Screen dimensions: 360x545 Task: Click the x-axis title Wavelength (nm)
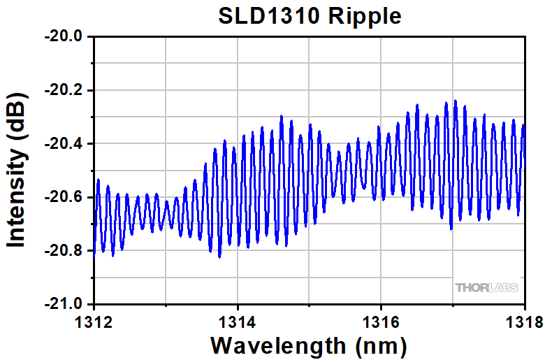point(308,345)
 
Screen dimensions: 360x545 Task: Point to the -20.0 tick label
point(64,36)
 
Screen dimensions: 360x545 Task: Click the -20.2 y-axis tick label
point(64,90)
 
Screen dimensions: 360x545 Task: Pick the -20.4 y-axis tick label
point(64,144)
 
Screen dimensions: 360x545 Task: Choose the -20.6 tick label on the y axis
point(64,198)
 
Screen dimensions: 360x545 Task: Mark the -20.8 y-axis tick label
point(64,252)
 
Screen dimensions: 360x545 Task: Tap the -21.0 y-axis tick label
point(64,305)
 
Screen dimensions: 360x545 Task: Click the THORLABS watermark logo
point(486,287)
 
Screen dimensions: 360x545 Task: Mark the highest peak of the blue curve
point(455,101)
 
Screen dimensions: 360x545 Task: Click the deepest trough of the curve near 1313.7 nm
point(219,257)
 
